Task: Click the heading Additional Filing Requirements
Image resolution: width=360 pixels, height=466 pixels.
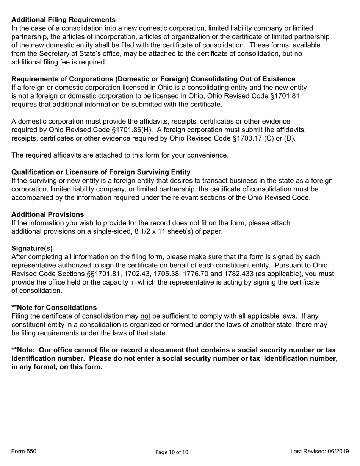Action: tap(63, 20)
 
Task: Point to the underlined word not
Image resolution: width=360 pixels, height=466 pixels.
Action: tap(145, 316)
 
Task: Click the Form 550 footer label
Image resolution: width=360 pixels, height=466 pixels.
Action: tap(24, 451)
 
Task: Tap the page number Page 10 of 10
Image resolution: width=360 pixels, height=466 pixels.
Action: tap(172, 452)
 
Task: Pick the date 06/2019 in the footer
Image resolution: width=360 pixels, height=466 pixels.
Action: tap(337, 451)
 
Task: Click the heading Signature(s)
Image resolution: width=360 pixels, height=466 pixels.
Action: tap(32, 248)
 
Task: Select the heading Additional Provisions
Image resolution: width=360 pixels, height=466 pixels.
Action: tap(47, 214)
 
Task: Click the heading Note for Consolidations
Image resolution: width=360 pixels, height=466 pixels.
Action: tap(54, 307)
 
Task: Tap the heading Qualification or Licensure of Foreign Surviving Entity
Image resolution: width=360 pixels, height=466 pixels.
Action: tap(101, 172)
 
